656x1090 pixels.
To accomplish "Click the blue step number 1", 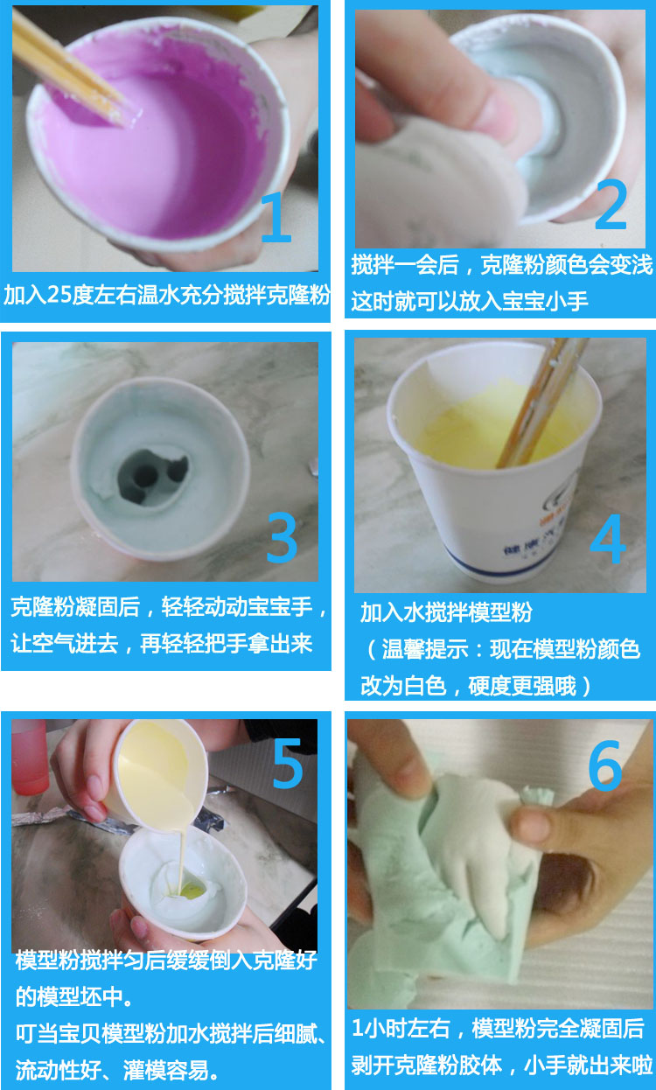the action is coord(276,217).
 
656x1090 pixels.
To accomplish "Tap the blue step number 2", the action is coord(611,204).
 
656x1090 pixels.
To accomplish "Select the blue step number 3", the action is coord(283,538).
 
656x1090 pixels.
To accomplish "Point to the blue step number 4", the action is coord(607,539).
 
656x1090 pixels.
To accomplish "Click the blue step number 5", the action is coord(288,764).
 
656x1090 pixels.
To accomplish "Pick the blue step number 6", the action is coord(605,765).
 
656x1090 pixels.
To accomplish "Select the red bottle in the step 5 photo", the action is coord(29,757).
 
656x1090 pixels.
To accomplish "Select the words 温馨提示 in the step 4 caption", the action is coord(424,649).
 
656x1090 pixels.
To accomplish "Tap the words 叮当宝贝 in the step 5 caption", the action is coord(59,1033).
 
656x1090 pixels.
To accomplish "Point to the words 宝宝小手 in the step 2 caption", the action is coord(545,301).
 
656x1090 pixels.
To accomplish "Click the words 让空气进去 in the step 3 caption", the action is coord(65,643).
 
